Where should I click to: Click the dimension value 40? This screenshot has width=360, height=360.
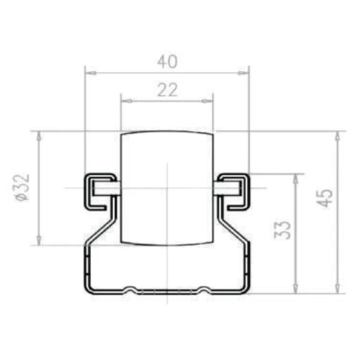pos(167,61)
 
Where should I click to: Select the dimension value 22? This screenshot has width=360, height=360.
pos(167,90)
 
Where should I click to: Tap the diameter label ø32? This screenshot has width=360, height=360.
pos(22,187)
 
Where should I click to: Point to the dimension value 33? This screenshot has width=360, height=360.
pos(282,230)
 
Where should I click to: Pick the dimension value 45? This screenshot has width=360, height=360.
pos(324,198)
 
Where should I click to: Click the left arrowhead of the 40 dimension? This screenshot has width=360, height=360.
pos(91,73)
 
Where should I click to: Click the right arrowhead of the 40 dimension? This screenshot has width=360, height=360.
pos(243,73)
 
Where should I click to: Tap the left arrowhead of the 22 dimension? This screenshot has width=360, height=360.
pos(127,101)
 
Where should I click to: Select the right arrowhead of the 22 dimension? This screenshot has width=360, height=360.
pos(207,101)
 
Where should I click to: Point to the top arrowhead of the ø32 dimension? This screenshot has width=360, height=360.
pos(39,138)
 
